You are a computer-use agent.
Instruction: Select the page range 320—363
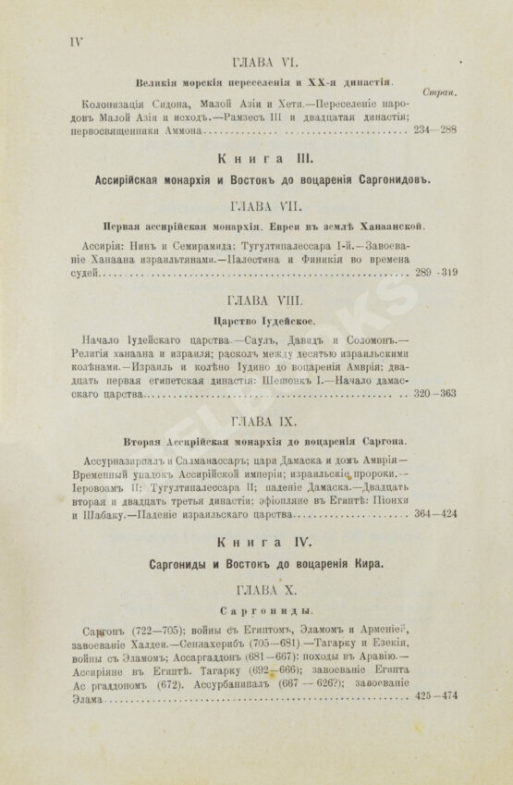pyautogui.click(x=435, y=394)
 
